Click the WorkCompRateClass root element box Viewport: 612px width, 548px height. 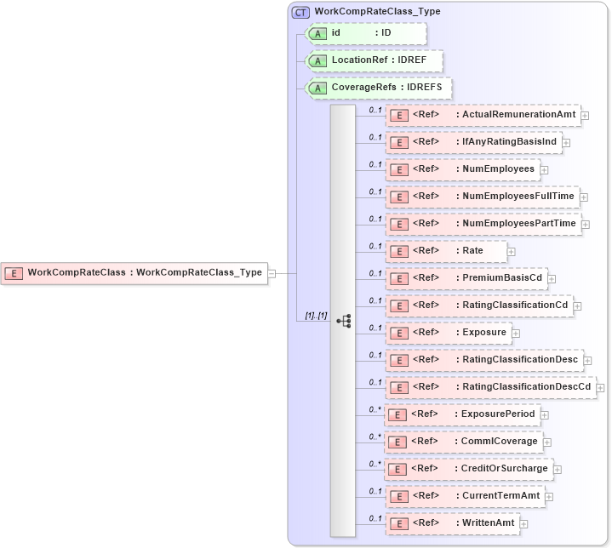point(134,273)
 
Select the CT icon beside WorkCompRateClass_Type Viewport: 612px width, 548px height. point(300,12)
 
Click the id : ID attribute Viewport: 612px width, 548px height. point(366,33)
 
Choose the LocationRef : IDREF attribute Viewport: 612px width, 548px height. point(375,60)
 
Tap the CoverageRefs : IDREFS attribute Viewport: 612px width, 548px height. point(380,88)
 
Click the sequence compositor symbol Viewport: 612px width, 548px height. point(344,321)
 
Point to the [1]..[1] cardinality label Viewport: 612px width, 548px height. point(316,316)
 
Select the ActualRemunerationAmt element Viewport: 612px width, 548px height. point(483,115)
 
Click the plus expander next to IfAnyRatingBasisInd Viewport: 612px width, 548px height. point(566,142)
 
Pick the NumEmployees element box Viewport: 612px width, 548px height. point(462,169)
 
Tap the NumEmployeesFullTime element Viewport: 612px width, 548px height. point(483,197)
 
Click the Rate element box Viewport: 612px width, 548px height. point(447,251)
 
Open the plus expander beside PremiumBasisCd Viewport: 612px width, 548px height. point(552,278)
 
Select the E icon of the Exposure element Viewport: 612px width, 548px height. point(398,333)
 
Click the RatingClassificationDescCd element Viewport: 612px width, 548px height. point(490,387)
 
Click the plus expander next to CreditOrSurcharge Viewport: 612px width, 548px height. point(558,469)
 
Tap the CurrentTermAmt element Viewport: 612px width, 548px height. point(465,496)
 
